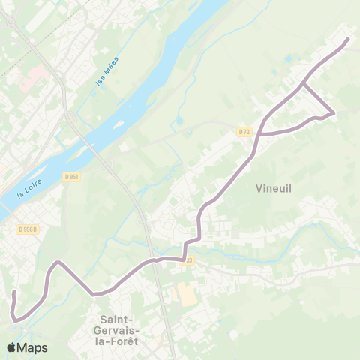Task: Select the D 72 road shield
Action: click(x=244, y=132)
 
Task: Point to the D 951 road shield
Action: click(x=71, y=177)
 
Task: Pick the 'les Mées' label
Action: click(x=107, y=75)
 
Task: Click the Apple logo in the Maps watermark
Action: click(x=11, y=347)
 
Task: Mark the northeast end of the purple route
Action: click(x=349, y=38)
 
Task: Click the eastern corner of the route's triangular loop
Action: click(x=333, y=114)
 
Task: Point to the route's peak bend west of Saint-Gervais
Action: click(x=57, y=262)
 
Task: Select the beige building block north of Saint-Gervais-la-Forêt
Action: click(x=184, y=292)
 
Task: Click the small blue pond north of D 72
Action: click(x=179, y=121)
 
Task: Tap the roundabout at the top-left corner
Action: click(x=10, y=22)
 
